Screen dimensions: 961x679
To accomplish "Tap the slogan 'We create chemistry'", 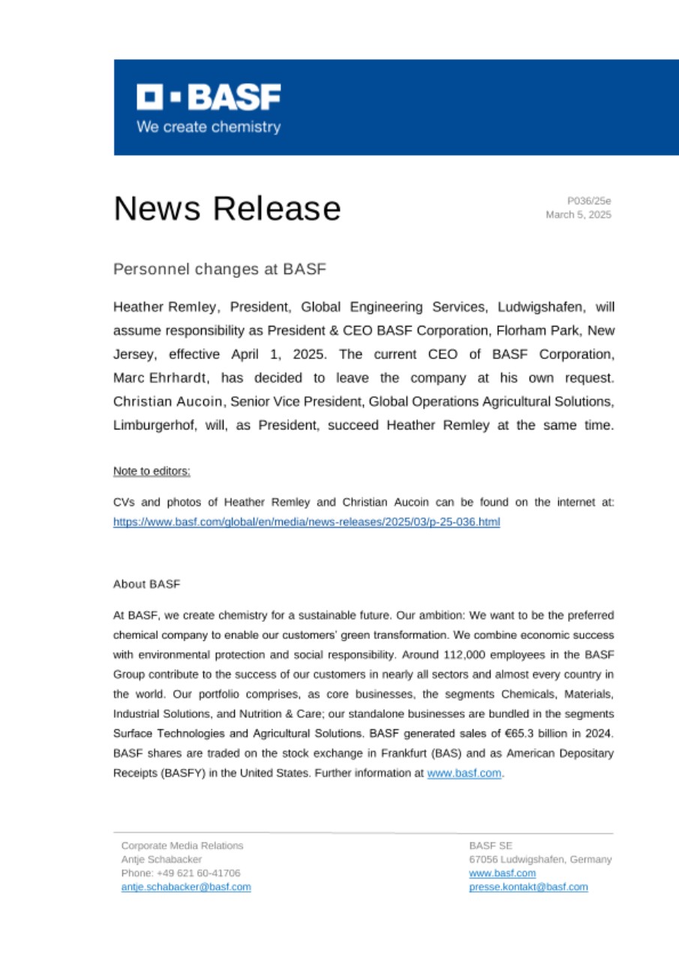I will pyautogui.click(x=209, y=127).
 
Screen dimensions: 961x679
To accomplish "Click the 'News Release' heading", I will pyautogui.click(x=227, y=208).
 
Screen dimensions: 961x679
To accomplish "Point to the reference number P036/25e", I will pyautogui.click(x=589, y=200).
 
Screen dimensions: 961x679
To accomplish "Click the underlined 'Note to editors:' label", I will pyautogui.click(x=152, y=471).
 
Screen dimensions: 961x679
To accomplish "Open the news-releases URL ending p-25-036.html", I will pyautogui.click(x=306, y=521).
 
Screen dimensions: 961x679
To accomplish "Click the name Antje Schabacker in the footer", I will pyautogui.click(x=161, y=859).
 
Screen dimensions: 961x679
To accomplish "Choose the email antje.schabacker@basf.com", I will pyautogui.click(x=186, y=887).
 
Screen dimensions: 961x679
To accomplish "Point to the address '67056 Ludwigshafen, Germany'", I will pyautogui.click(x=540, y=859).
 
